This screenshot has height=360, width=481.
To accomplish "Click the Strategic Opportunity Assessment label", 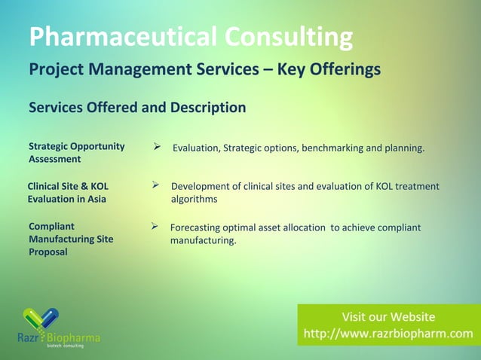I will [76, 152].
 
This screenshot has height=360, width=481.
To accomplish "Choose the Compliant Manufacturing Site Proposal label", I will [70, 239].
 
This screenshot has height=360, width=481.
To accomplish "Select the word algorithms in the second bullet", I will [194, 200].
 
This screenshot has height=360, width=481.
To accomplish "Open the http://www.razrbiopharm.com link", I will [388, 333].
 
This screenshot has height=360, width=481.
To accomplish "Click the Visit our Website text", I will [388, 316].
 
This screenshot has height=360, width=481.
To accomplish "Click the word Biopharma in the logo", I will [74, 337].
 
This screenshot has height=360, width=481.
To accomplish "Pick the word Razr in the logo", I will [30, 337].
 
